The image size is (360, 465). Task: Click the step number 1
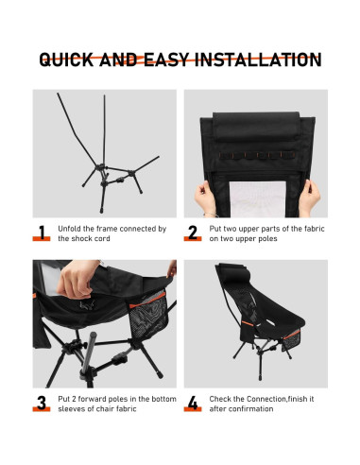43,232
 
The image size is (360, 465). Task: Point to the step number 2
193,232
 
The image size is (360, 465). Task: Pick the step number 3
43,404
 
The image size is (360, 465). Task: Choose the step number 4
193,404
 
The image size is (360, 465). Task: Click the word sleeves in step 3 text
72,409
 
